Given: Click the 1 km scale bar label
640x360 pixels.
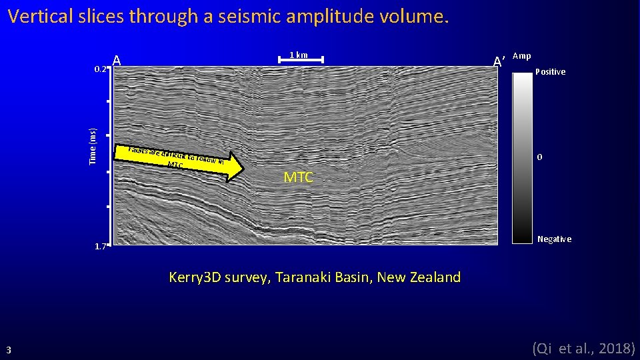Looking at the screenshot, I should pyautogui.click(x=298, y=55).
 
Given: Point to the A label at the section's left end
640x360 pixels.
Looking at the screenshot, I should pyautogui.click(x=117, y=61).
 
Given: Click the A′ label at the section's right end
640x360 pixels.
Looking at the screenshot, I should pyautogui.click(x=498, y=62).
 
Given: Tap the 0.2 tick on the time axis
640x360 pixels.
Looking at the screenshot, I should pyautogui.click(x=99, y=69).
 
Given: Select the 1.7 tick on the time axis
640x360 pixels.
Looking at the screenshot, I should pyautogui.click(x=100, y=247).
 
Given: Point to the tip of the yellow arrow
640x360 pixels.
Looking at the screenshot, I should pyautogui.click(x=243, y=168).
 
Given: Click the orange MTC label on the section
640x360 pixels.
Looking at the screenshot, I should pyautogui.click(x=298, y=178).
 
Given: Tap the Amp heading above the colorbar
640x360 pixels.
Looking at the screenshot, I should pyautogui.click(x=522, y=57).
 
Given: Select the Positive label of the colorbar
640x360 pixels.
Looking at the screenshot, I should pyautogui.click(x=551, y=72).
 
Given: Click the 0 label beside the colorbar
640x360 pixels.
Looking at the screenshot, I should pyautogui.click(x=540, y=157).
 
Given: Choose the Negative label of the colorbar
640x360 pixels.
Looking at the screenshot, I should pyautogui.click(x=554, y=239).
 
